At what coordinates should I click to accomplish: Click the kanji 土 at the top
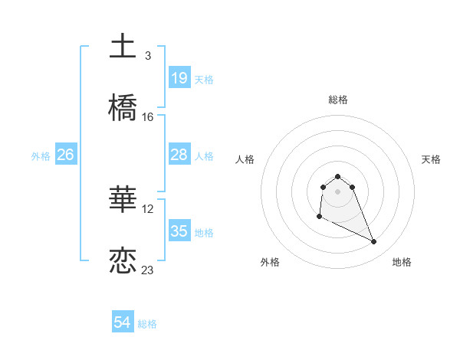click(x=123, y=47)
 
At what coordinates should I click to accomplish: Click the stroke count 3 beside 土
click(x=148, y=56)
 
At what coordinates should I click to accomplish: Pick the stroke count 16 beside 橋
click(x=148, y=117)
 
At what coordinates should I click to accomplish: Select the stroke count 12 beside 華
click(x=148, y=208)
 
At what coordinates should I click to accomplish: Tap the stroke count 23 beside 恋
click(x=148, y=270)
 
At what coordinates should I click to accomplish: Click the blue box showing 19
click(x=179, y=78)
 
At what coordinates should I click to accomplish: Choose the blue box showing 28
click(x=179, y=155)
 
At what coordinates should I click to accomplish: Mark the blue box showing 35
click(x=179, y=231)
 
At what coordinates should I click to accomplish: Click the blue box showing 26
click(x=65, y=155)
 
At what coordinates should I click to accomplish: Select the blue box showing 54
click(x=123, y=323)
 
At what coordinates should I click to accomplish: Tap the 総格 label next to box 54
click(x=147, y=324)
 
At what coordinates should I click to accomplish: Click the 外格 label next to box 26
click(x=41, y=155)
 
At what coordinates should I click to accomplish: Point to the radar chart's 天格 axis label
click(x=431, y=159)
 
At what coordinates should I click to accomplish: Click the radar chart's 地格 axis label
click(x=402, y=262)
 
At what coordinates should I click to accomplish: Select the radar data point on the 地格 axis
click(x=374, y=242)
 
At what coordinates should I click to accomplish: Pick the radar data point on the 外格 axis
click(x=319, y=217)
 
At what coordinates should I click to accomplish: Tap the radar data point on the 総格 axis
click(x=337, y=176)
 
